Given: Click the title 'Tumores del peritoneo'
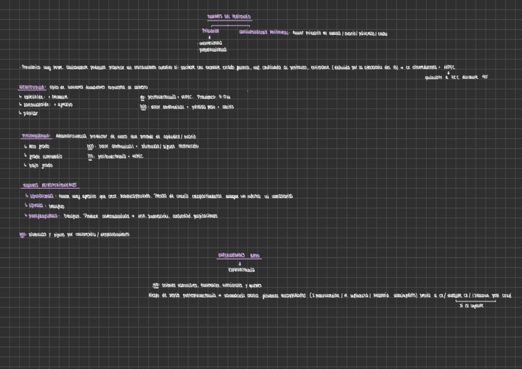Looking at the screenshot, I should coord(229,17).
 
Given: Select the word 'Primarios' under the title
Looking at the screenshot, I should coord(211,31).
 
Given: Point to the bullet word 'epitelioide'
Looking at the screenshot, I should coord(33,97).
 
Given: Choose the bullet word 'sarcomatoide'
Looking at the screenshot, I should coord(38,105).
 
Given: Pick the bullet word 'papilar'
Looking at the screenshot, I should coord(30,113).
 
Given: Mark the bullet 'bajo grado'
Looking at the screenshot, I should coord(41,166).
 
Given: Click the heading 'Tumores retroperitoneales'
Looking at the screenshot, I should coord(51,185).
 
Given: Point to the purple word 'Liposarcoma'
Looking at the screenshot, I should coord(42,196).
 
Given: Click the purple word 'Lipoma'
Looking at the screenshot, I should coord(36,206).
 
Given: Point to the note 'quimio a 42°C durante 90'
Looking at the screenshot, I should coord(456,77).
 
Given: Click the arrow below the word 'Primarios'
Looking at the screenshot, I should coord(211,37).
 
